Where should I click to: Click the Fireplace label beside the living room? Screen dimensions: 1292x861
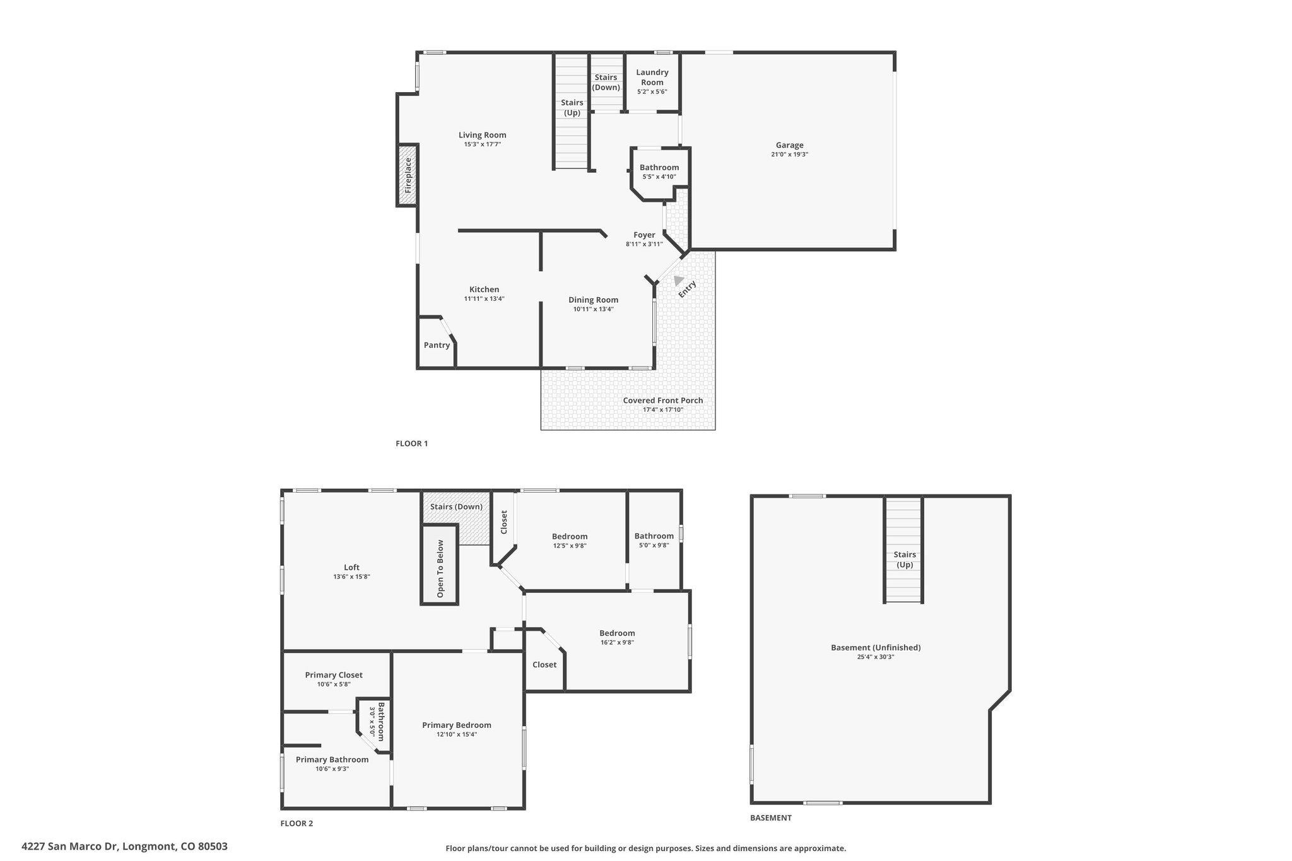[x=408, y=175]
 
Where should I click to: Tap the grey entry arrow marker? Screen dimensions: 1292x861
[x=678, y=280]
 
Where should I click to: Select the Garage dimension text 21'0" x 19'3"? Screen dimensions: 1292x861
[x=789, y=155]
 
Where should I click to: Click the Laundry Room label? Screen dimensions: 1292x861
[x=652, y=77]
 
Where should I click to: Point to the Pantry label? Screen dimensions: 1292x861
[x=437, y=345]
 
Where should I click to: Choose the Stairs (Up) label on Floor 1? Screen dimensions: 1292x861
[x=572, y=107]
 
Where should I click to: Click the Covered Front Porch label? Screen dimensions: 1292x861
[x=663, y=401]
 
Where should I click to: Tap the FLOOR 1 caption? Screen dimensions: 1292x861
[x=412, y=443]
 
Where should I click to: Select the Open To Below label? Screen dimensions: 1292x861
[x=440, y=569]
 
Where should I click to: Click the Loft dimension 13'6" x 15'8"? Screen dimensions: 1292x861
[x=351, y=577]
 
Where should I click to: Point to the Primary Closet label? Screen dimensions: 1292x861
[x=334, y=675]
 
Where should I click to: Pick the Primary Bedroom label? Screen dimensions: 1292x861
[x=457, y=725]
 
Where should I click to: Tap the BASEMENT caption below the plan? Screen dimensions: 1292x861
[x=771, y=817]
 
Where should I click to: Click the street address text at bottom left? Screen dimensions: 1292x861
[x=125, y=846]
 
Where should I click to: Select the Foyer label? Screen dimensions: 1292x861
[x=644, y=235]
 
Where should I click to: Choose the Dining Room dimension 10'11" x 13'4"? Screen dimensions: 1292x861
[x=593, y=309]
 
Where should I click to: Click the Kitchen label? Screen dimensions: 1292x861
[x=484, y=290]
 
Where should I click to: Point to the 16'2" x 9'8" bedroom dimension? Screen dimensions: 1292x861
[x=617, y=643]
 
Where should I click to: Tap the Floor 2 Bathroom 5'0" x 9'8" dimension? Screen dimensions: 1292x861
[x=654, y=546]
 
